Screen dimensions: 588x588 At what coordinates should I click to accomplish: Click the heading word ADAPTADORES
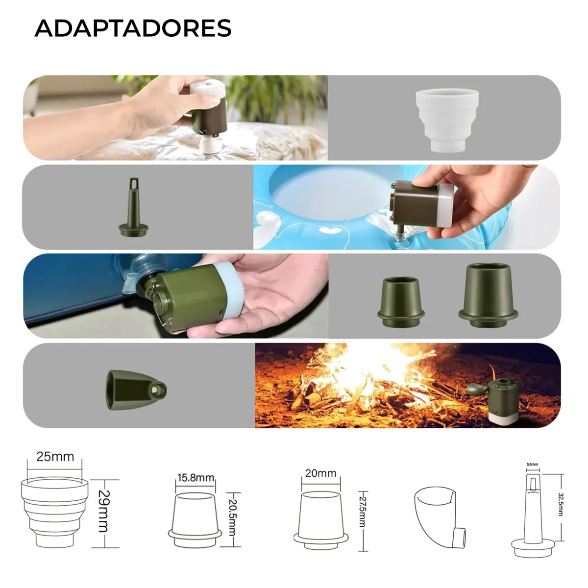click(x=133, y=28)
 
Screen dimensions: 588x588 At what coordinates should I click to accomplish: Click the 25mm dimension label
click(x=55, y=457)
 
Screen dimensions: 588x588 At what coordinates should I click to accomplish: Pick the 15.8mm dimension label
click(x=196, y=477)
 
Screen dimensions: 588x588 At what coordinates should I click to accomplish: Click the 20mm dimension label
click(x=320, y=473)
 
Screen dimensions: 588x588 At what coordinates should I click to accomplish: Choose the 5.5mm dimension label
click(x=532, y=464)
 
